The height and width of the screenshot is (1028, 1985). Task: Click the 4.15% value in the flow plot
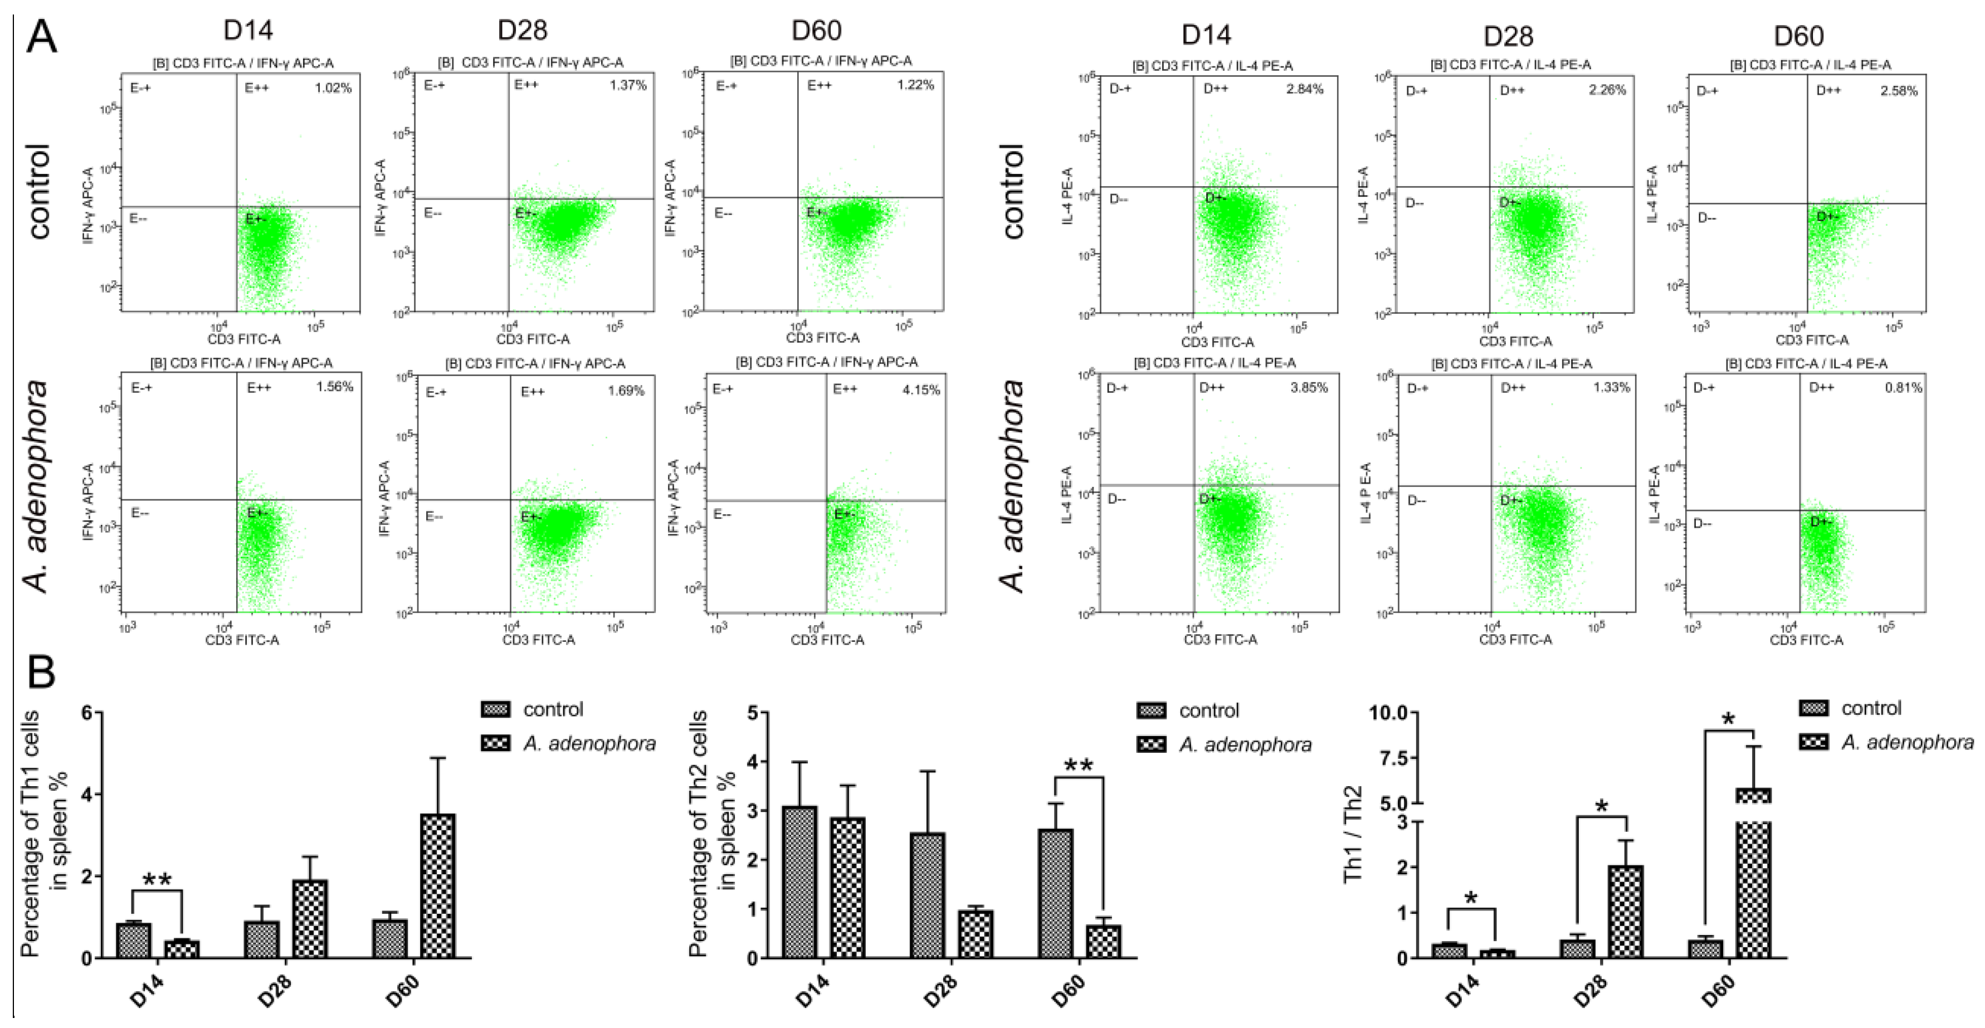coord(921,390)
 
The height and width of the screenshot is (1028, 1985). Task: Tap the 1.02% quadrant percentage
coord(333,88)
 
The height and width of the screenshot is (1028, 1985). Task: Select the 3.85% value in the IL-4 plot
coord(1309,388)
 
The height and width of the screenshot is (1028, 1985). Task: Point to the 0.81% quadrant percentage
coord(1903,388)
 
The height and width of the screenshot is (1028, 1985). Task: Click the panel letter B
coord(42,671)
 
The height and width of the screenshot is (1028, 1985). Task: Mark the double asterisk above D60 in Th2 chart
coord(1078,766)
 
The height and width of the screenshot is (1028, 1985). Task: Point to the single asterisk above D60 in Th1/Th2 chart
coord(1728,720)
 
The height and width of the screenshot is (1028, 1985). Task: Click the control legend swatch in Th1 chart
coord(495,709)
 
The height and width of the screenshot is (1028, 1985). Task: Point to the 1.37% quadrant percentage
coord(628,85)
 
